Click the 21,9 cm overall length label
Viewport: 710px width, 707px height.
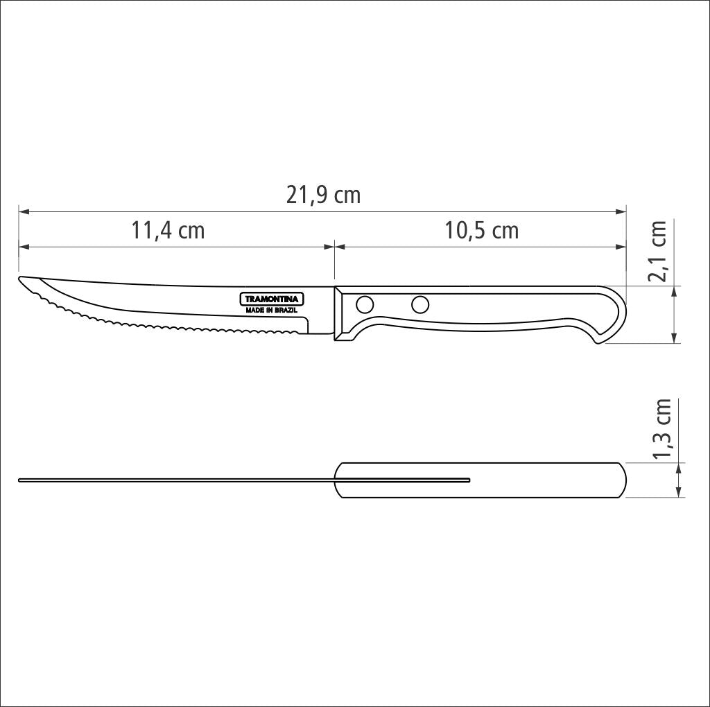point(323,195)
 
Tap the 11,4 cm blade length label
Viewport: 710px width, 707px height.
point(168,230)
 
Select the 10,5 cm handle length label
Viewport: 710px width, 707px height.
point(481,230)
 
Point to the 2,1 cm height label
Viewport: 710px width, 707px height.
point(657,251)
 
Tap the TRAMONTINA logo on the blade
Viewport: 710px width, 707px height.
point(272,299)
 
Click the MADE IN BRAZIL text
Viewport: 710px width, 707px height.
point(272,311)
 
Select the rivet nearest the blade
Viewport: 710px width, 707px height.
point(365,304)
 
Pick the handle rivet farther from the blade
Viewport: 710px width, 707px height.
point(420,304)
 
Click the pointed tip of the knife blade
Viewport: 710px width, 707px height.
point(19,278)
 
